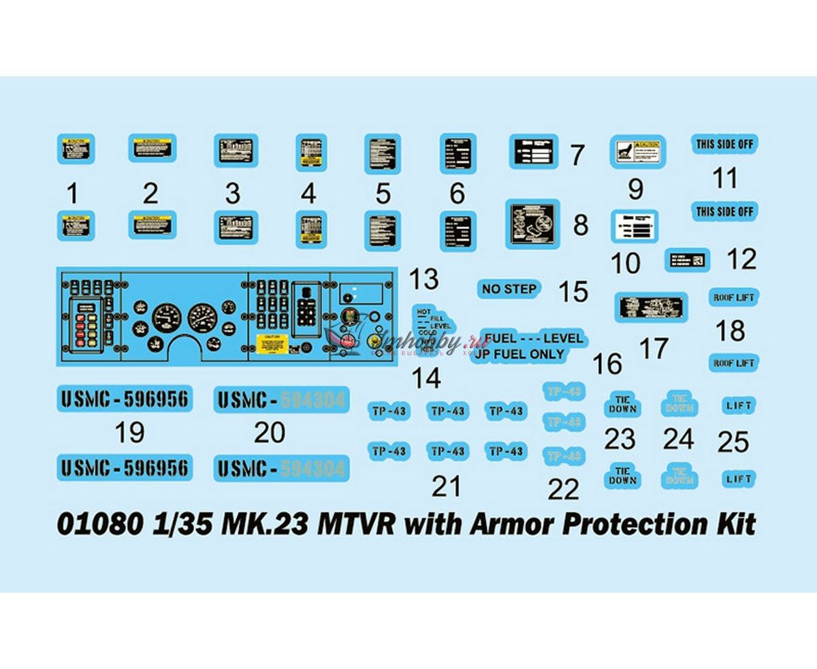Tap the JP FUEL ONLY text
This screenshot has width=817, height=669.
click(x=522, y=354)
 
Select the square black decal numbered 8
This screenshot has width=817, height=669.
click(x=532, y=223)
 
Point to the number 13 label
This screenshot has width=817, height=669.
click(x=421, y=279)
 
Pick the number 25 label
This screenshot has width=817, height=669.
click(x=733, y=442)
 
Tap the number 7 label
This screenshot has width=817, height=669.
click(x=577, y=155)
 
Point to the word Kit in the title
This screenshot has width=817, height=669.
click(x=738, y=525)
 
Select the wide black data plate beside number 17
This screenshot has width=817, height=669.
click(x=651, y=306)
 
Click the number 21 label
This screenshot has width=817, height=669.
click(x=447, y=486)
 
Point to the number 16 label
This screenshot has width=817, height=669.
click(x=607, y=364)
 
